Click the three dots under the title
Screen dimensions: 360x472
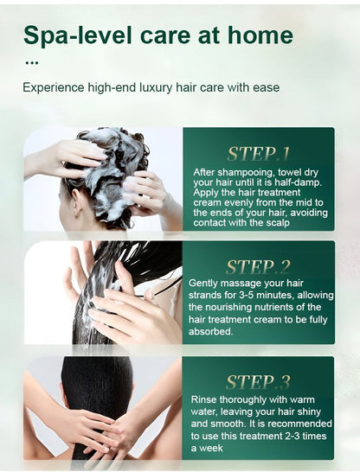pos(32,63)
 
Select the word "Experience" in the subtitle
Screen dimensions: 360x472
pos(54,88)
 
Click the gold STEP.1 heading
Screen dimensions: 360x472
pos(258,154)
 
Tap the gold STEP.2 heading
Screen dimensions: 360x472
pos(258,267)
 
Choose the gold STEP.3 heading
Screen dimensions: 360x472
pos(258,382)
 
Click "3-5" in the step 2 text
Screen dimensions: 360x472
pos(247,295)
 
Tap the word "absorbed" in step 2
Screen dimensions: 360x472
pos(210,331)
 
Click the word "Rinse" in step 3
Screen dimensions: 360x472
pos(203,399)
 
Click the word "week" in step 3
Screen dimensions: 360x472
pos(211,448)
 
